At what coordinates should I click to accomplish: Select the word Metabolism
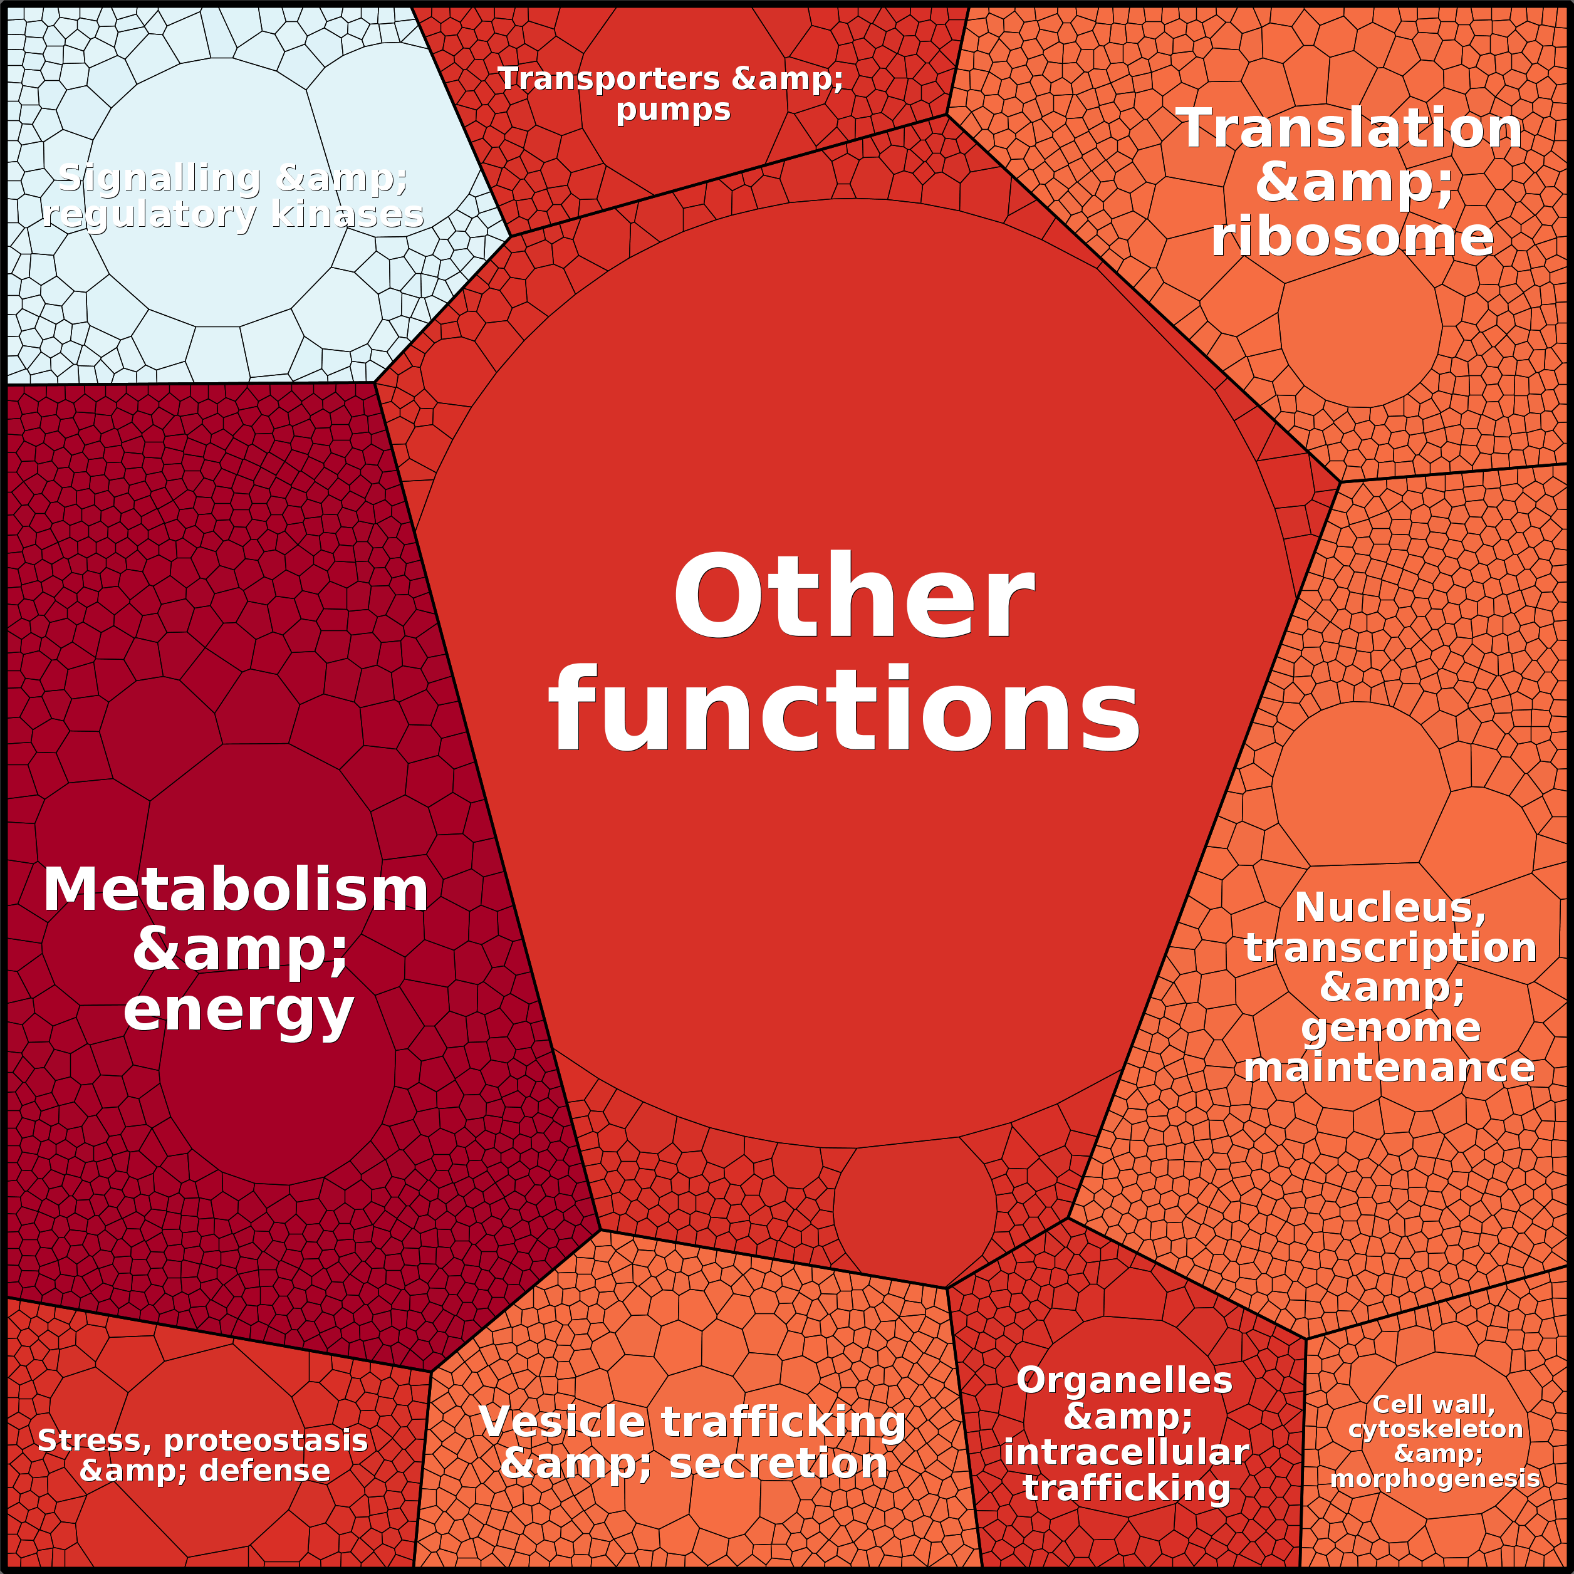[x=236, y=890]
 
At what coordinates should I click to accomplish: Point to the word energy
[x=239, y=1013]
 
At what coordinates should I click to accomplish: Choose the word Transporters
[x=610, y=79]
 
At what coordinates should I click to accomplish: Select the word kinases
[x=347, y=214]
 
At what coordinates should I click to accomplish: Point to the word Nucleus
[x=1390, y=907]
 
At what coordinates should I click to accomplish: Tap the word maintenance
[x=1389, y=1067]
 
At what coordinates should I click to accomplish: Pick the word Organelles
[x=1124, y=1380]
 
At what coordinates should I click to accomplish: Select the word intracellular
[x=1126, y=1452]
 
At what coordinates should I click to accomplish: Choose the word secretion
[x=778, y=1463]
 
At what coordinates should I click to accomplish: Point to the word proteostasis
[x=266, y=1441]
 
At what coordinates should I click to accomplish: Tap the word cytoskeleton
[x=1436, y=1429]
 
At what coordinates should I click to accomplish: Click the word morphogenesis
[x=1435, y=1479]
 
